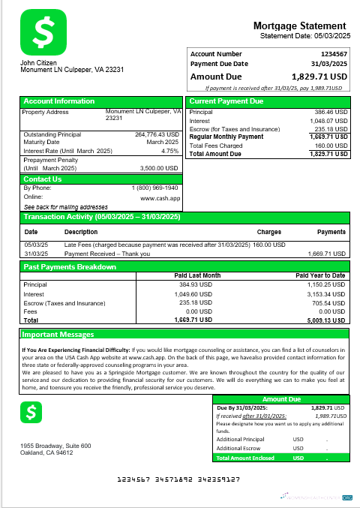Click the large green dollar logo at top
click(x=43, y=32)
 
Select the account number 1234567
click(x=334, y=54)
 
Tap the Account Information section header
click(x=59, y=101)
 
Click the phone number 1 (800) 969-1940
click(x=155, y=188)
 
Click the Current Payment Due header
click(x=226, y=101)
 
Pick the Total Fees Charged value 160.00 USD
click(x=331, y=146)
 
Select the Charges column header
click(x=269, y=232)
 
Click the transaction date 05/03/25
click(x=35, y=245)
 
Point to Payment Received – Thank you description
click(x=107, y=254)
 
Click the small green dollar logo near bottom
click(x=32, y=412)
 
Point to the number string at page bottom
click(x=180, y=478)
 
